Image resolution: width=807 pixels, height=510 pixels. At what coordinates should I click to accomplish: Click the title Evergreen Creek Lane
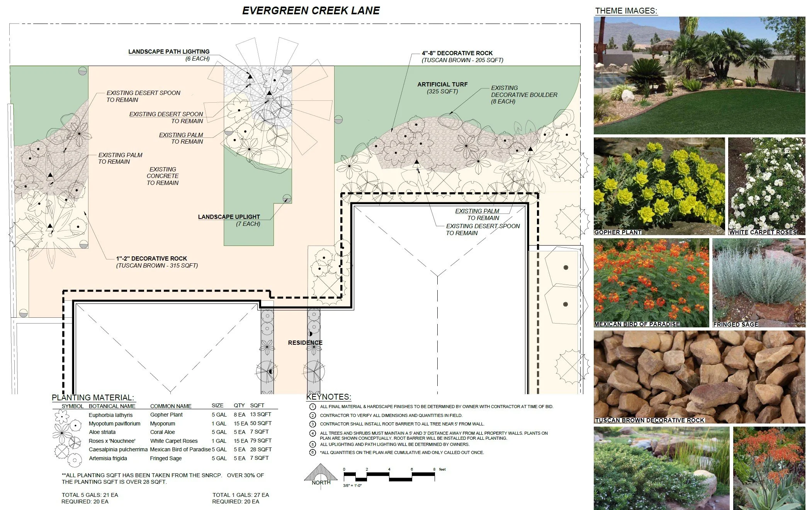(311, 11)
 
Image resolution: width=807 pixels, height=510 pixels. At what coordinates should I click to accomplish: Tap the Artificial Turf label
(442, 85)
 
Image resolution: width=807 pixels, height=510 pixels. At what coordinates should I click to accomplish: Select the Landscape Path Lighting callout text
(169, 52)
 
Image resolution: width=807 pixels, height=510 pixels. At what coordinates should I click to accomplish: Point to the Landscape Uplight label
(229, 217)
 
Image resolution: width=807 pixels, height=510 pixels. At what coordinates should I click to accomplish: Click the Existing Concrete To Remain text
(163, 176)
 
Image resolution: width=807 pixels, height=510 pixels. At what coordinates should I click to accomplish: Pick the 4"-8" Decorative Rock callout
(457, 53)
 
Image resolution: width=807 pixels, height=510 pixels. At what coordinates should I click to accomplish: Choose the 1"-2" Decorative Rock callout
(151, 259)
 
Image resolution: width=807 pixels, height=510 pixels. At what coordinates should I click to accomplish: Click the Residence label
(305, 343)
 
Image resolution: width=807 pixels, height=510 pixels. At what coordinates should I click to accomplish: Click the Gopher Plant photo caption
(617, 232)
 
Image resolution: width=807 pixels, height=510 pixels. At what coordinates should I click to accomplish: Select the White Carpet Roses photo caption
(763, 232)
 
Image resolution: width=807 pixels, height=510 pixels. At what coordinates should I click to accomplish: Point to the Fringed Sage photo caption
(736, 325)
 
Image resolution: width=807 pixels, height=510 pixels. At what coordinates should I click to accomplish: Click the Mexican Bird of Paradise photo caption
(637, 324)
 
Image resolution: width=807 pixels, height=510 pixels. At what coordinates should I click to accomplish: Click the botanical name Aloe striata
(102, 432)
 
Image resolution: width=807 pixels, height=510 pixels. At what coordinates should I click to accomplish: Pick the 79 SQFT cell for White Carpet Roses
(261, 441)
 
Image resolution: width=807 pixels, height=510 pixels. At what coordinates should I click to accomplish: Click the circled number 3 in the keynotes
(313, 424)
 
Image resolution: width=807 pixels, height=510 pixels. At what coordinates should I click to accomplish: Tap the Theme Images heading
(626, 11)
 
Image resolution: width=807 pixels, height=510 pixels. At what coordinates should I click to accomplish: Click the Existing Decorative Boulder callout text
(524, 95)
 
